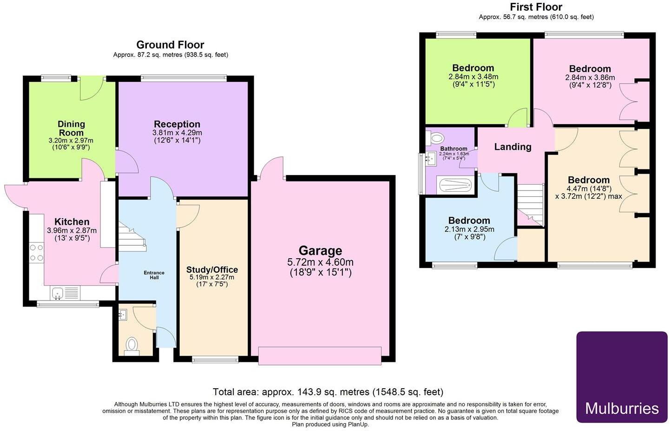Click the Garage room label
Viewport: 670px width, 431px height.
pos(320,251)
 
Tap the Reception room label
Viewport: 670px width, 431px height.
pos(177,124)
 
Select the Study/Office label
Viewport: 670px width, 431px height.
pos(212,270)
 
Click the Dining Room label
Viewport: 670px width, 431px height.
pos(71,128)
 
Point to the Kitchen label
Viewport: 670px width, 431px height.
pos(72,222)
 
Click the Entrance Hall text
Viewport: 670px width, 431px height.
pos(154,275)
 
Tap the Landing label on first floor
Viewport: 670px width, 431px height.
pos(512,147)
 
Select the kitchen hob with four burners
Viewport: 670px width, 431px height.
pos(36,253)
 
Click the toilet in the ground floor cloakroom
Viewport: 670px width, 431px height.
pos(132,345)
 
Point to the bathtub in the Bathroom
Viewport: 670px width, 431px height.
pos(456,185)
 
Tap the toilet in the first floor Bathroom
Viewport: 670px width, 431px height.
pos(436,137)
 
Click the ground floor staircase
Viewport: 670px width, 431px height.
pos(132,237)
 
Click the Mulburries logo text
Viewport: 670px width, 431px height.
pos(622,408)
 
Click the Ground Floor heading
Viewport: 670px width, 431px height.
pos(170,45)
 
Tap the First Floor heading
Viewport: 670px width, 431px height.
pos(536,7)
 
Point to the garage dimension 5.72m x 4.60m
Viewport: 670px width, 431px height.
pos(320,262)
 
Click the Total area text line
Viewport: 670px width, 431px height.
pos(328,392)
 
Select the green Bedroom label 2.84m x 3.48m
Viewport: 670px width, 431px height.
pos(473,68)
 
